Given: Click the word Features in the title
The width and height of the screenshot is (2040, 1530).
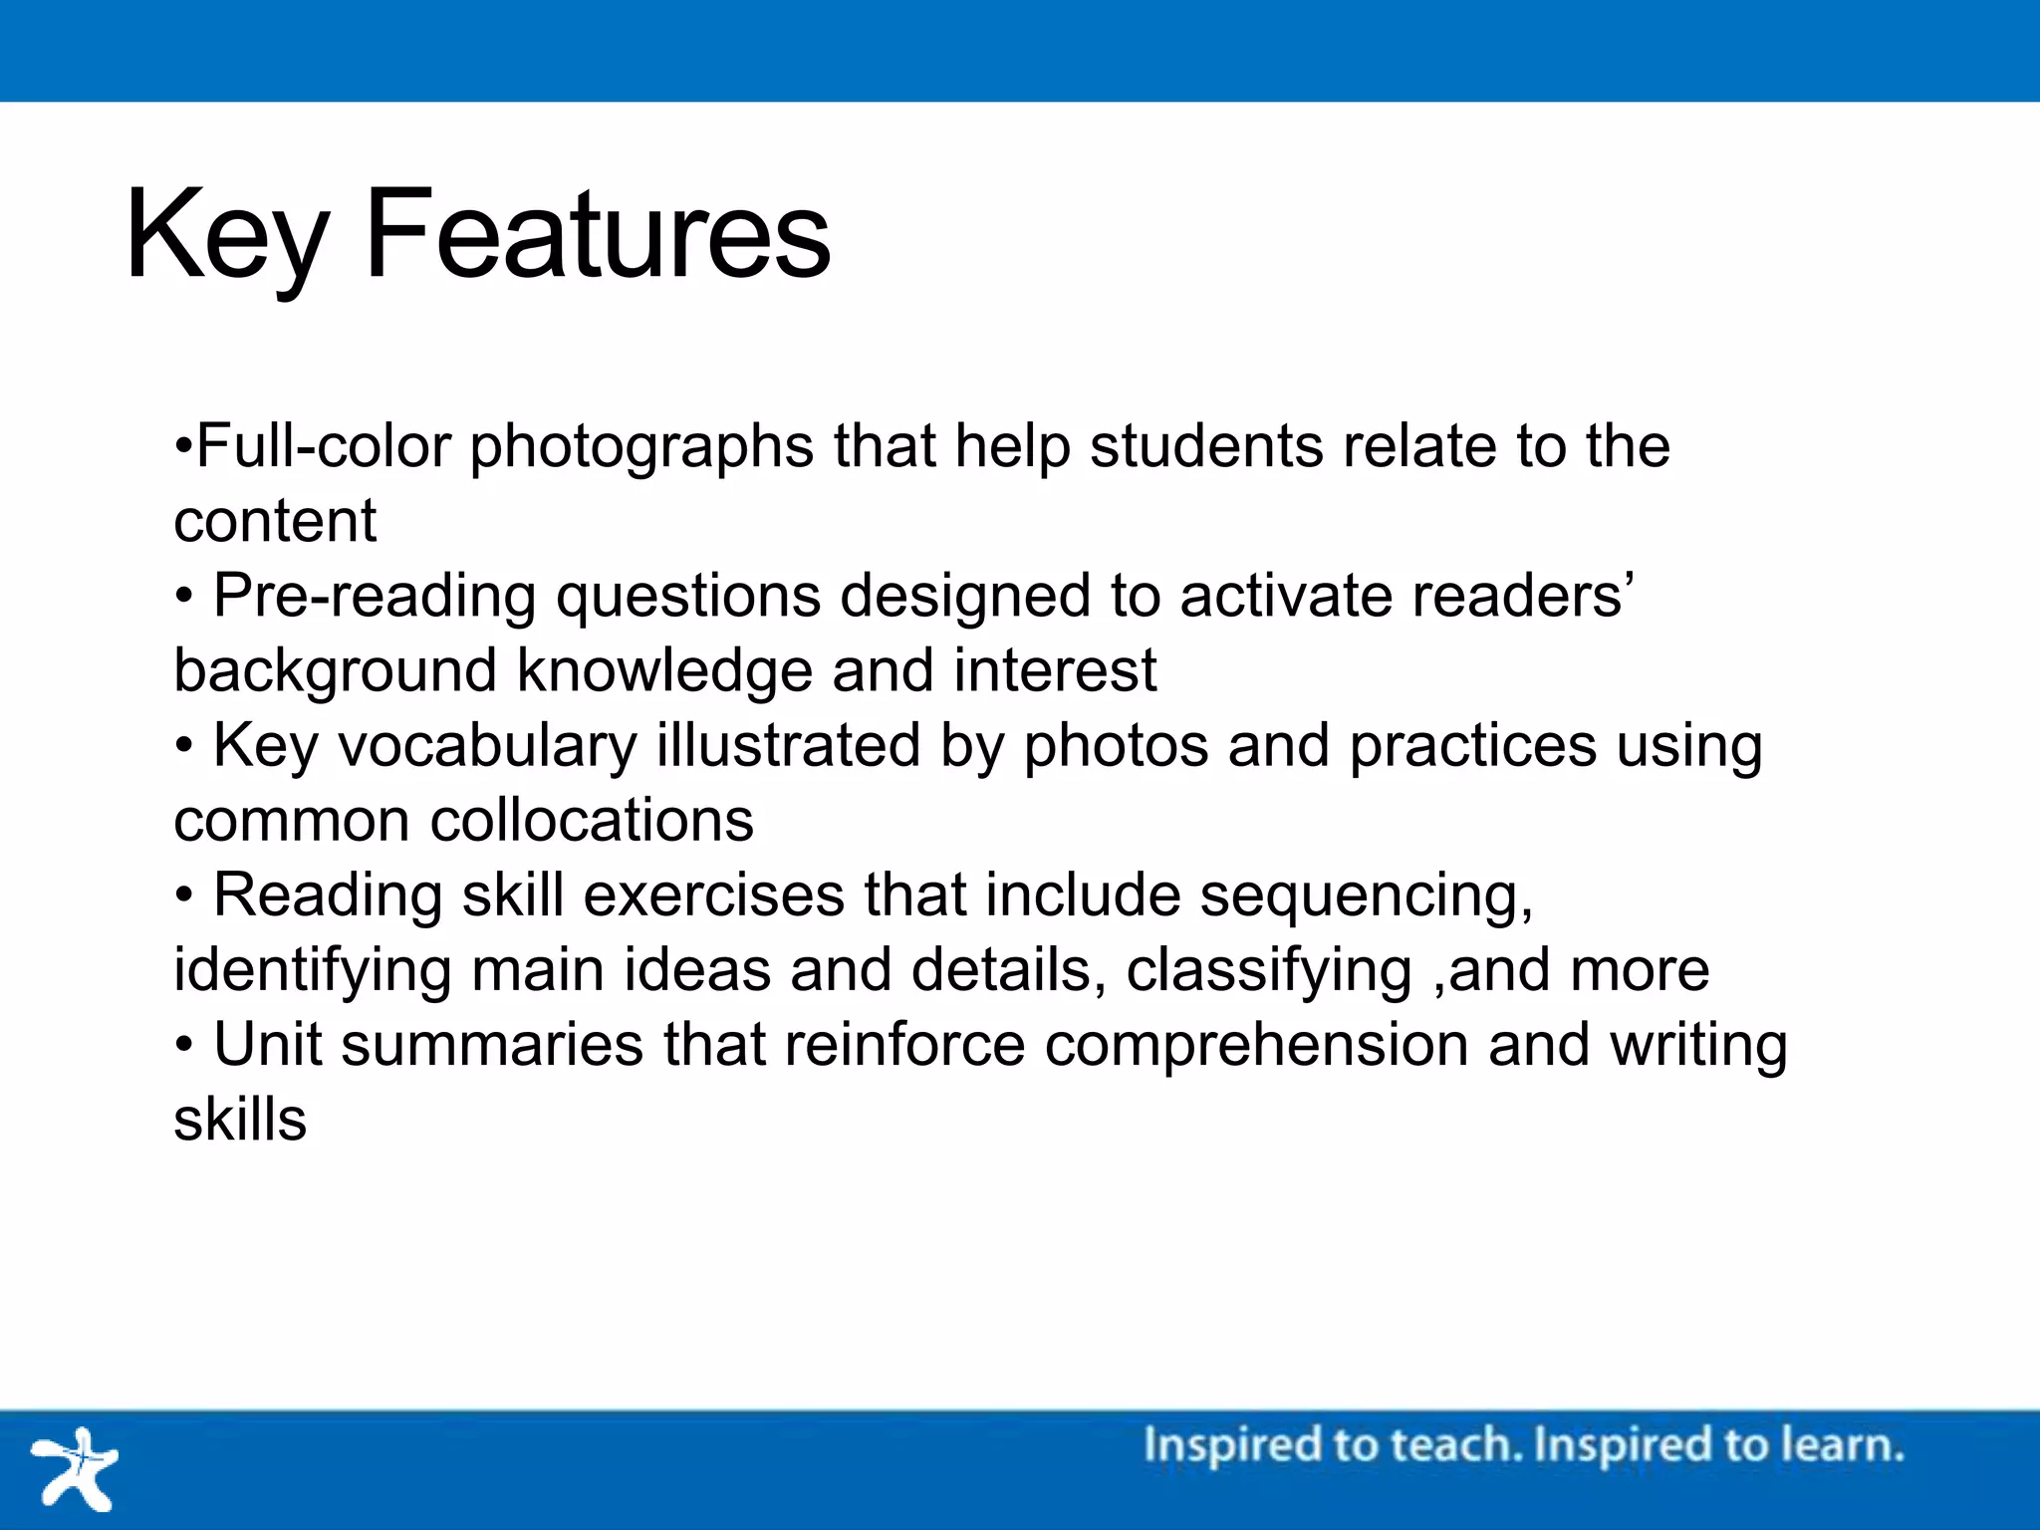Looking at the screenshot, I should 598,235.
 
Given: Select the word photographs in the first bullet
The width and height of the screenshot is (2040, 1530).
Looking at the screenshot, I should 641,448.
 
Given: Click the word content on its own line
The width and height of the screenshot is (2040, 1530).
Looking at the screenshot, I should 275,521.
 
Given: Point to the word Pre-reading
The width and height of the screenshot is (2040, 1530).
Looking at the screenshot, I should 375,598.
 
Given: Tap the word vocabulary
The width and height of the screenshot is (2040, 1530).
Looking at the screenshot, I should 487,747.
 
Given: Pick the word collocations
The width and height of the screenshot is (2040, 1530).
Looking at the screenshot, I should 592,821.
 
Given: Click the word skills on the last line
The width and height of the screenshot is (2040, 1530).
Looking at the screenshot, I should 240,1120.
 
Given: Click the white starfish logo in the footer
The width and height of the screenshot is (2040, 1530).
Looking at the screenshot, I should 76,1469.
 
